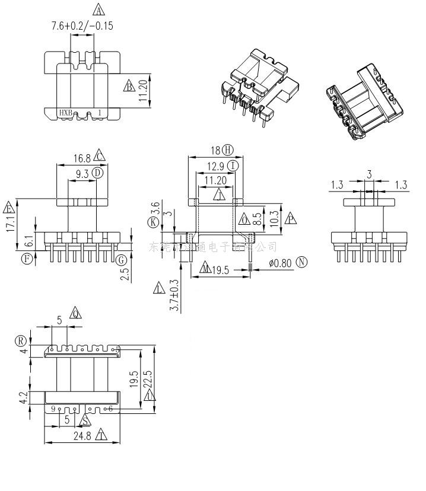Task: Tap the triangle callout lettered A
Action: pos(98,9)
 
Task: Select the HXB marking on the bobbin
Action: pos(65,112)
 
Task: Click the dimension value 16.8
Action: pos(82,158)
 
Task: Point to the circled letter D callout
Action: pos(97,173)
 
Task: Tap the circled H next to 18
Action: pos(228,149)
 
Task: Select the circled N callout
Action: pos(303,262)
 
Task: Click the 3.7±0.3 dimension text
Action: pos(174,295)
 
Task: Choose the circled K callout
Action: pos(154,222)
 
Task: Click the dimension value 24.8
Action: pos(82,436)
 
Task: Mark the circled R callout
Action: pos(21,340)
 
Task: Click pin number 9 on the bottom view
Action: pos(53,409)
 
